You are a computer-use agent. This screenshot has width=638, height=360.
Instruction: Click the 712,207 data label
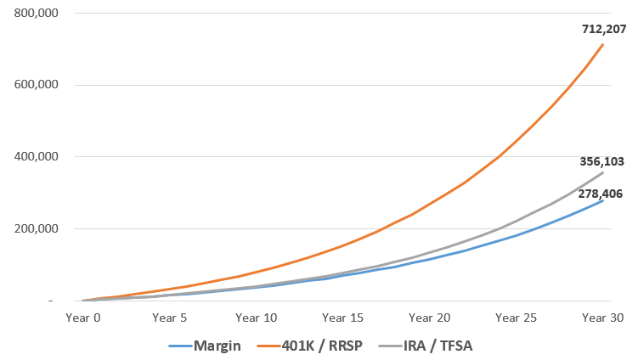tap(604, 29)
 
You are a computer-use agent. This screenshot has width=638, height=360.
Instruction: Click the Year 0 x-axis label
tap(84, 318)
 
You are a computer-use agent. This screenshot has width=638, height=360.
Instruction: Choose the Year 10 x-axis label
tap(257, 318)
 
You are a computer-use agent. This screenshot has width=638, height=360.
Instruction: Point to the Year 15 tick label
tap(343, 318)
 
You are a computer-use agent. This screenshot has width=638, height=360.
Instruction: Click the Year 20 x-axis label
tap(430, 318)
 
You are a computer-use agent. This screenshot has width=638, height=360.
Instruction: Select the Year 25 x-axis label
tap(517, 318)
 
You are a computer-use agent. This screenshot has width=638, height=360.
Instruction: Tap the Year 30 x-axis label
tap(603, 318)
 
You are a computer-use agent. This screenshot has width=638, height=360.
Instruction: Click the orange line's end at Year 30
tap(603, 44)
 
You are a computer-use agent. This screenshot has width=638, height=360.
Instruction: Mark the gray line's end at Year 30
tap(603, 172)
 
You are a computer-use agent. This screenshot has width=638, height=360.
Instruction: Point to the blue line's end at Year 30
tap(603, 200)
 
